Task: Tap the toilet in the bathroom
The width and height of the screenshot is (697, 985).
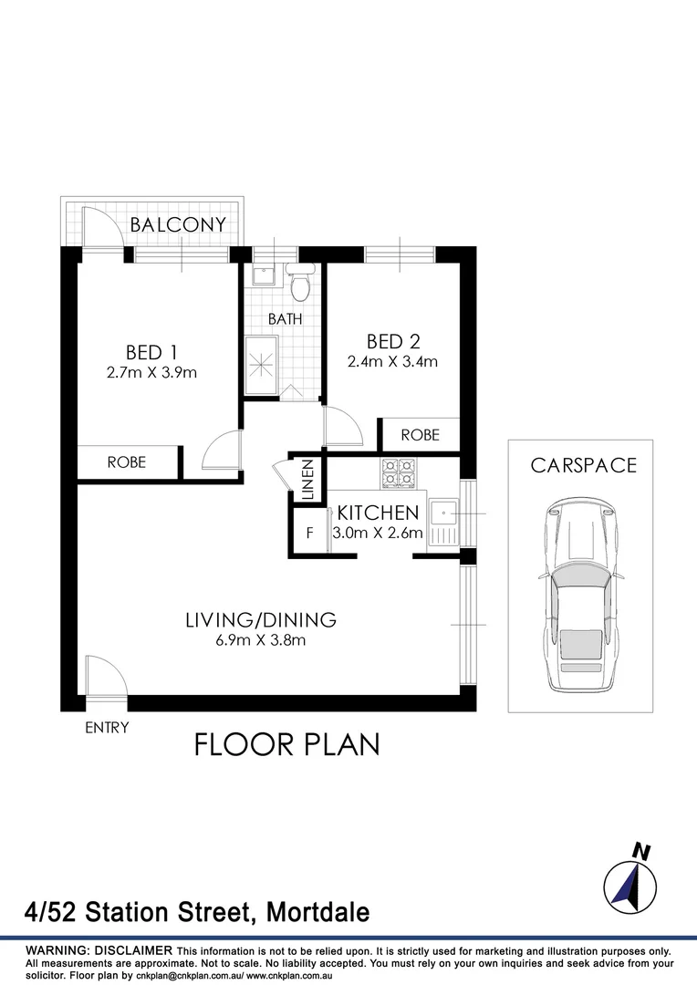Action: click(x=298, y=285)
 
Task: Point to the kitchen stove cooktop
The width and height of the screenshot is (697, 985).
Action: click(x=397, y=472)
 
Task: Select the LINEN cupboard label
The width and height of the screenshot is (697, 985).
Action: click(x=307, y=481)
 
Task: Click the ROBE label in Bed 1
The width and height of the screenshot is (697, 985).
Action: click(x=126, y=462)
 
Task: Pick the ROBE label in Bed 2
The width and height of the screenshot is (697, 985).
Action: click(x=420, y=435)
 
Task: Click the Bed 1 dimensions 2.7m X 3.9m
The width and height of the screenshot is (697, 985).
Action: click(x=151, y=372)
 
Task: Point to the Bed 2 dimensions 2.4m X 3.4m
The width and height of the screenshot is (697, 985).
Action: click(x=392, y=361)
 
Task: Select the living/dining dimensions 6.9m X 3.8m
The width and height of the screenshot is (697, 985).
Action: click(x=261, y=640)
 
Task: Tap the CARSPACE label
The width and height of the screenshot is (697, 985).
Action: click(x=584, y=466)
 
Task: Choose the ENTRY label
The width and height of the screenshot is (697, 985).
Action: click(x=107, y=728)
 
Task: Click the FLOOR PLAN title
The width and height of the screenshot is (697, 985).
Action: click(x=286, y=745)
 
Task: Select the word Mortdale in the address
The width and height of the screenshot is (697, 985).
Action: click(x=322, y=912)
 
